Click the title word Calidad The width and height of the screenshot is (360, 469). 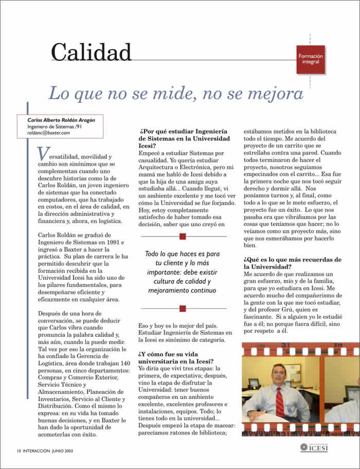point(91,52)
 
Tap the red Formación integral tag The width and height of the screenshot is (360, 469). point(311,59)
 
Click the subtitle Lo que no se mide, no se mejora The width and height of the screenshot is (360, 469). point(175,94)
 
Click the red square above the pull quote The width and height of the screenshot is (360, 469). point(182,236)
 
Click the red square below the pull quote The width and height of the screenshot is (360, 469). point(182,309)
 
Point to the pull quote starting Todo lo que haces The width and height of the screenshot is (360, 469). point(182,272)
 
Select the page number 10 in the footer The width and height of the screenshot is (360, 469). point(18,450)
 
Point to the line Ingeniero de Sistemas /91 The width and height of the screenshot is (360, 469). point(54,127)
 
